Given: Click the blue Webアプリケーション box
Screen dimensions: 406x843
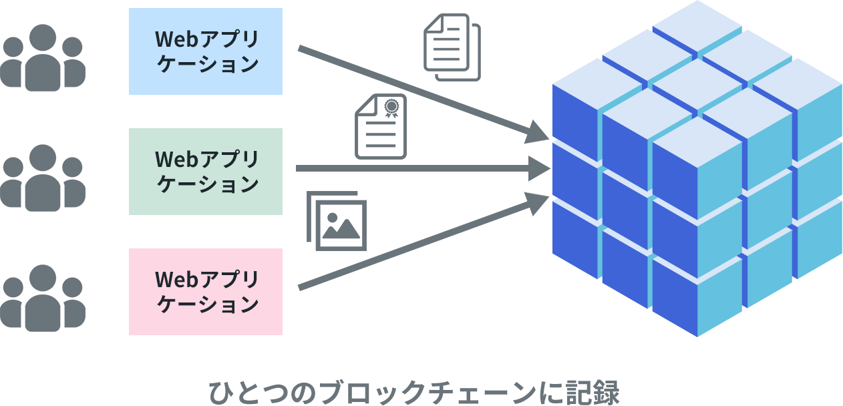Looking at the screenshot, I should pos(206,51).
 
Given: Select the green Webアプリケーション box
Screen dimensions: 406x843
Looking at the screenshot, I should pos(206,172).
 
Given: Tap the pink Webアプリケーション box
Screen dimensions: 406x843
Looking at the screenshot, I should pos(206,292).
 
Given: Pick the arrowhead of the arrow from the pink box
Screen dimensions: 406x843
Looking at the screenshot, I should pos(537,203).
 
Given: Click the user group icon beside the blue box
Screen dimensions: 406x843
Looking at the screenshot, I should pos(43,57).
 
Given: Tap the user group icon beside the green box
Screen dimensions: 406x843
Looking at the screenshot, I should pos(43,178).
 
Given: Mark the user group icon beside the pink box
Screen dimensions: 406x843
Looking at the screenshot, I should pos(43,298).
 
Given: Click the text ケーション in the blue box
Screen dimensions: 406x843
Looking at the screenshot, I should pos(208,64).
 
